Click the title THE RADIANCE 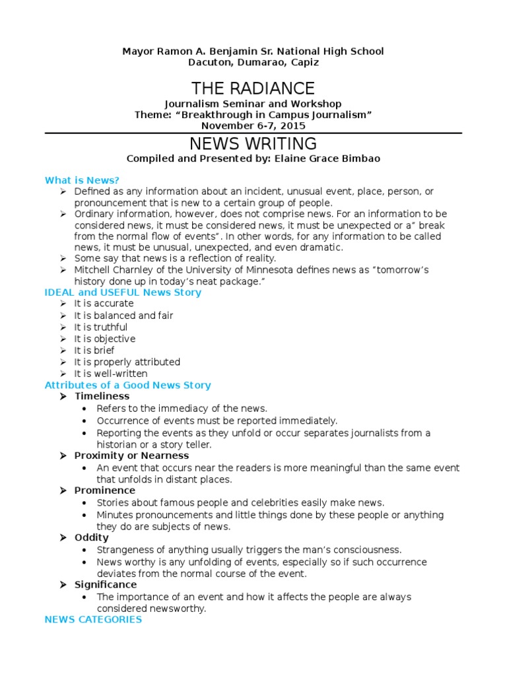253,88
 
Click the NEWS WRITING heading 253,143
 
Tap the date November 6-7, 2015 253,125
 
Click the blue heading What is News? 82,180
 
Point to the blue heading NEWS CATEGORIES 93,619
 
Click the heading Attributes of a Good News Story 127,385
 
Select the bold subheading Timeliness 102,396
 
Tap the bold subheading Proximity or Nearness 131,456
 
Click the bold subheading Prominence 104,490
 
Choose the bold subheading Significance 106,584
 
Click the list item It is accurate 104,303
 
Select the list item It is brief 94,351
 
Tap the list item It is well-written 110,374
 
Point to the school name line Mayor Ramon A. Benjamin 253,51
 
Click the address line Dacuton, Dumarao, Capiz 253,63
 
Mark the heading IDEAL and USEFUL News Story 123,292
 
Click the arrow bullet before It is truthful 62,327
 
